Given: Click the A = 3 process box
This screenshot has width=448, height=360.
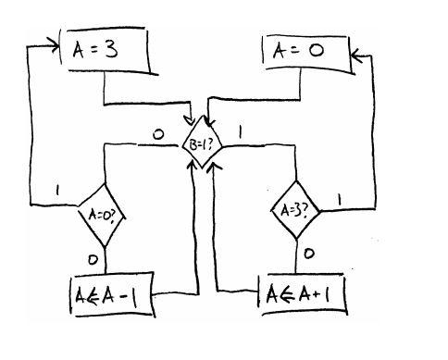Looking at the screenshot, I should [x=107, y=52].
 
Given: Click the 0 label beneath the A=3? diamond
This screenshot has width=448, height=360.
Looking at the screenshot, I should [x=308, y=252].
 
